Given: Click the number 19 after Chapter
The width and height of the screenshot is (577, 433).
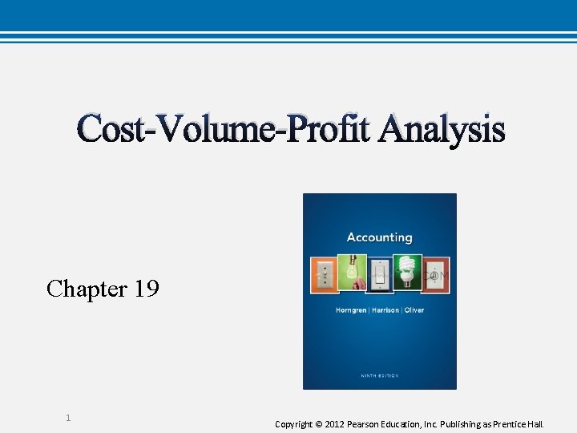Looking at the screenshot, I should [147, 289].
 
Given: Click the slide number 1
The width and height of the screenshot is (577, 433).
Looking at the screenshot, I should [68, 418].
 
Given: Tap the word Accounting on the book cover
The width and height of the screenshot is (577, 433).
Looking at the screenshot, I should [379, 237].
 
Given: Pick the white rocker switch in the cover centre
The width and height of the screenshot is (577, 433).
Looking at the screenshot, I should [380, 275].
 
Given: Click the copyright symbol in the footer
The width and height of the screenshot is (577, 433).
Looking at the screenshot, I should [318, 423].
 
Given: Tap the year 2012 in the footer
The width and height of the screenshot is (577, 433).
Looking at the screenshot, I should [335, 423].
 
